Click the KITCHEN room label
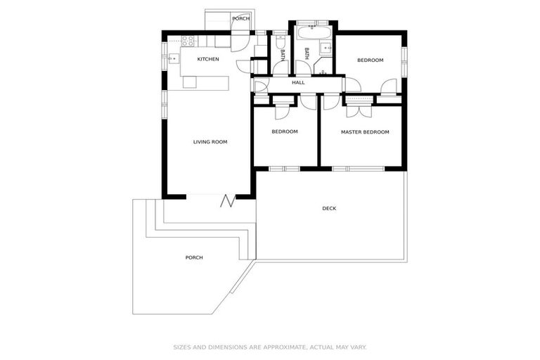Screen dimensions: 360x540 (x=207, y=59)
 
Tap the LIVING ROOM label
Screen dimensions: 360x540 (x=210, y=142)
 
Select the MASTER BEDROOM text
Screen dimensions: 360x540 (x=365, y=132)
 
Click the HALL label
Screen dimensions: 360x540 (x=298, y=84)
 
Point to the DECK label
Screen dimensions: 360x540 (x=329, y=208)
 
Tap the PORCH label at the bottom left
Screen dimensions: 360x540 (x=194, y=258)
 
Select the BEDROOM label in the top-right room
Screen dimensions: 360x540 (x=370, y=60)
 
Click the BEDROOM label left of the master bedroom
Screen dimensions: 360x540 (x=285, y=132)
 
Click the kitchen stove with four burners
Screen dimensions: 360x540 (x=188, y=41)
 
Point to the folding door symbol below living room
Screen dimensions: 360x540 (x=228, y=201)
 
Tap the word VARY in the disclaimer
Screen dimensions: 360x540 (x=358, y=347)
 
